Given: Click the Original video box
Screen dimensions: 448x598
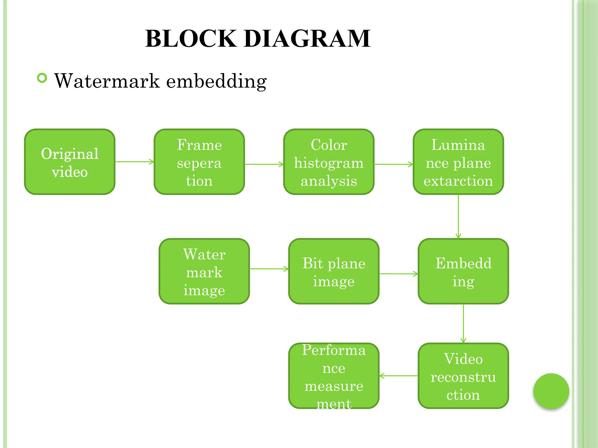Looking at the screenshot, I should click(70, 162).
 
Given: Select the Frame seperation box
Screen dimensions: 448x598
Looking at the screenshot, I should click(199, 162).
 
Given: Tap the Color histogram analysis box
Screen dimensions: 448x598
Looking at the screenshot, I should click(329, 162).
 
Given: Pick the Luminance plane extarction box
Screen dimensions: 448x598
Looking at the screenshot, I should click(458, 162).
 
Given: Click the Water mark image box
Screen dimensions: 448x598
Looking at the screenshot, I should click(204, 271).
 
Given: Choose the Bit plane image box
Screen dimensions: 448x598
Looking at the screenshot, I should click(334, 271).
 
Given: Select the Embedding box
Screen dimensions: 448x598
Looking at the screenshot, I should click(463, 271).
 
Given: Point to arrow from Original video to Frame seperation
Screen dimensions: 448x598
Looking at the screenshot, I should click(134, 162).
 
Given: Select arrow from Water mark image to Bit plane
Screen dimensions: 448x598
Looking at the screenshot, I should click(269, 269).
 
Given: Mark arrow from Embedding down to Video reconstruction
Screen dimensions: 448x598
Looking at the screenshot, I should click(463, 323).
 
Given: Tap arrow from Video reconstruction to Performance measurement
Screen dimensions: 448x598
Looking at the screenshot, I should click(399, 376).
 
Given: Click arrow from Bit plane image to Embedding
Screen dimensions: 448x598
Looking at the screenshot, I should click(399, 274).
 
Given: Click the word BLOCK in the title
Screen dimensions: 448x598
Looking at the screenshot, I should click(191, 38).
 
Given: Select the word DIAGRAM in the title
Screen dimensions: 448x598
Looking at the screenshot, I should click(307, 38).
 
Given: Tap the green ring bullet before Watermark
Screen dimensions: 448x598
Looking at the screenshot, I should click(42, 78).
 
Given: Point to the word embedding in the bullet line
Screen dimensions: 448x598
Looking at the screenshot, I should click(216, 81).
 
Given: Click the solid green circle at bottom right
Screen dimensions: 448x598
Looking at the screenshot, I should click(551, 391).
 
